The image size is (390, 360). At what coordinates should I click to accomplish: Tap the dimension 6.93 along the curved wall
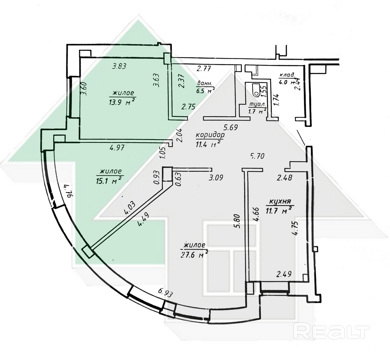pyautogui.click(x=165, y=292)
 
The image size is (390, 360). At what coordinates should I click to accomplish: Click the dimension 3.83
pyautogui.click(x=119, y=67)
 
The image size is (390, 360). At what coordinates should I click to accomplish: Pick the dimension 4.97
pyautogui.click(x=118, y=148)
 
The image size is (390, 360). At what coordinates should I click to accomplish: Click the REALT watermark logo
pyautogui.click(x=332, y=332)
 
